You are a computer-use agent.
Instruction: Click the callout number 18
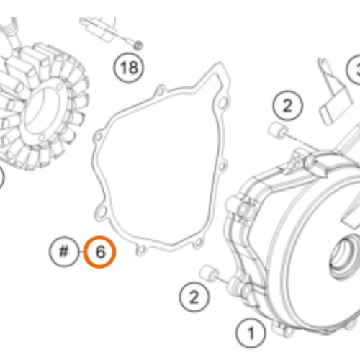click(x=129, y=67)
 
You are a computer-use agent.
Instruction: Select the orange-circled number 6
click(x=100, y=252)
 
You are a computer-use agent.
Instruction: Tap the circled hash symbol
click(x=64, y=251)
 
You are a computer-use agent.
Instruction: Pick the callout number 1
click(x=251, y=333)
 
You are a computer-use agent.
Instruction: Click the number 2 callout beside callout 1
click(x=194, y=297)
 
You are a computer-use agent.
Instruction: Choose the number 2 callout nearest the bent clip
click(x=287, y=106)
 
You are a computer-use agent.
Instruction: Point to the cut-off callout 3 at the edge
click(x=356, y=70)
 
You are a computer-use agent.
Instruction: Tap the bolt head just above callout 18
click(x=138, y=45)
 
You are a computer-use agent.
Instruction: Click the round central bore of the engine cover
click(x=343, y=258)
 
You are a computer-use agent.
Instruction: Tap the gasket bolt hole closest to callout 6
click(x=141, y=250)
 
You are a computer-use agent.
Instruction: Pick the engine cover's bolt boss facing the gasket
click(x=243, y=210)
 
